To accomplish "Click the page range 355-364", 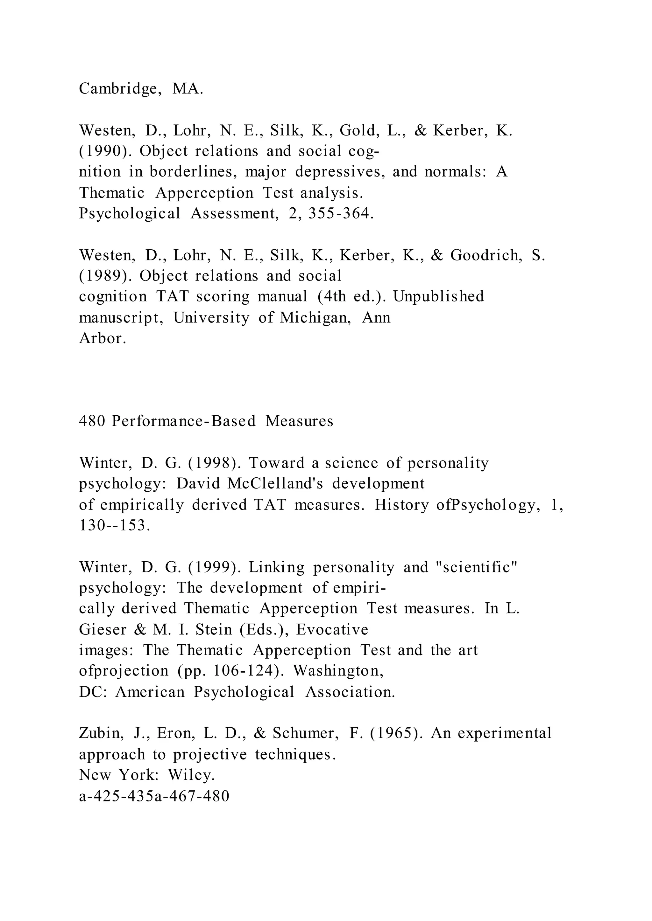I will point(341,214).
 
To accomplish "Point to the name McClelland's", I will point(275,484).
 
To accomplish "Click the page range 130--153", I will point(114,525).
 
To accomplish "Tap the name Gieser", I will point(103,630).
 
